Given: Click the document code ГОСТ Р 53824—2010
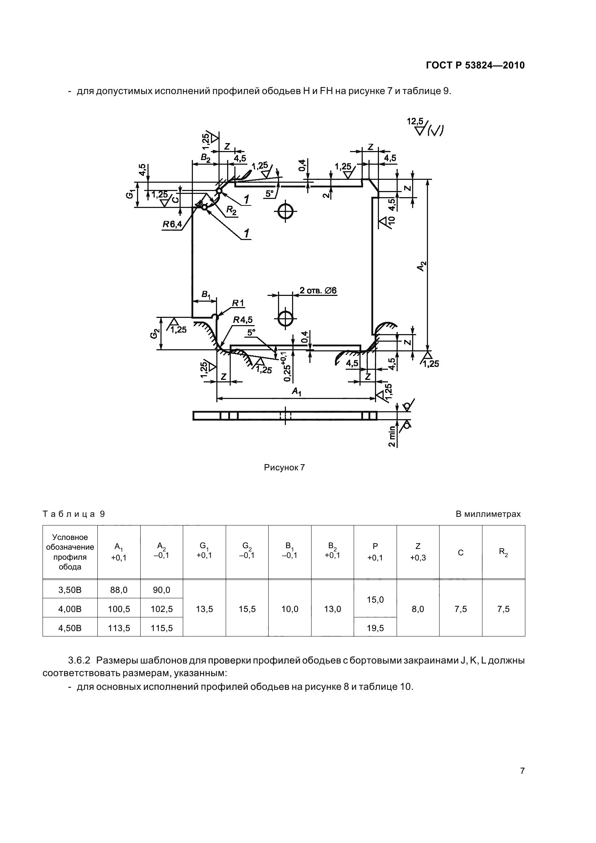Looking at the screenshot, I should [x=475, y=66].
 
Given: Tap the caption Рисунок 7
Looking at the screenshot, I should [x=284, y=467].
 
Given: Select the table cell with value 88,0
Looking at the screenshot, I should [x=119, y=590].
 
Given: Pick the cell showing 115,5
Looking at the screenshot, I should [x=161, y=628].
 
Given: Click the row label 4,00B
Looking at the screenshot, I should [x=70, y=609].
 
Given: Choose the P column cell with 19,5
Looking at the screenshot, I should [x=375, y=628].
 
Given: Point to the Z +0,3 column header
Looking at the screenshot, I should [x=418, y=552].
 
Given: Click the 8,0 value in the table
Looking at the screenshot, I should [x=418, y=609].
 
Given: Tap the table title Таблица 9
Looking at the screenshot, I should [x=74, y=514].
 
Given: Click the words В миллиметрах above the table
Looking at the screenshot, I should [x=488, y=514].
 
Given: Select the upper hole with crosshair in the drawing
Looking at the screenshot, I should [x=285, y=211].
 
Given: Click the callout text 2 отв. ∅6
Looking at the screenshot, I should [x=318, y=291].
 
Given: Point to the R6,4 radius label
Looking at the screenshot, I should [x=172, y=224].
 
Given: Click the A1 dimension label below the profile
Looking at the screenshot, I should [x=297, y=392].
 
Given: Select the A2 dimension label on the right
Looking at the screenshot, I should [x=422, y=266].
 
